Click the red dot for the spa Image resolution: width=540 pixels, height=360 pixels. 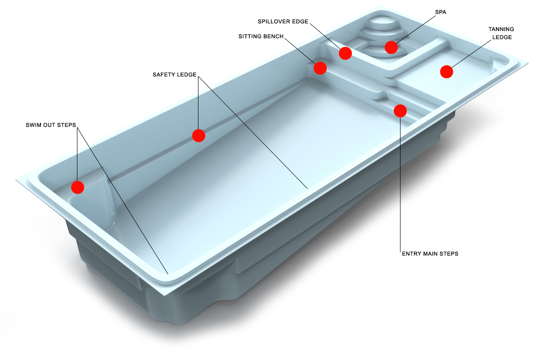pyautogui.click(x=391, y=47)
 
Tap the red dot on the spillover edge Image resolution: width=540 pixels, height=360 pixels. pyautogui.click(x=345, y=53)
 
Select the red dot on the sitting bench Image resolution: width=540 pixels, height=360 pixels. pyautogui.click(x=320, y=68)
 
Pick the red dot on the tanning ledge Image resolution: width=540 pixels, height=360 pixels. pyautogui.click(x=446, y=72)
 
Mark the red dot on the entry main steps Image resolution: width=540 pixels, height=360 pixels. pyautogui.click(x=400, y=111)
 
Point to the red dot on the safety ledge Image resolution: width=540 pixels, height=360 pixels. pyautogui.click(x=198, y=135)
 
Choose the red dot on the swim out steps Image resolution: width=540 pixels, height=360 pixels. pyautogui.click(x=77, y=187)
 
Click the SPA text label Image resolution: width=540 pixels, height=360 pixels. pyautogui.click(x=441, y=12)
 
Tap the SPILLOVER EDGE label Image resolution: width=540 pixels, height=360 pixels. pyautogui.click(x=283, y=22)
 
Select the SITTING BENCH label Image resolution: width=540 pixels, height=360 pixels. pyautogui.click(x=261, y=36)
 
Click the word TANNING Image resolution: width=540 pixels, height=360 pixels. pyautogui.click(x=501, y=29)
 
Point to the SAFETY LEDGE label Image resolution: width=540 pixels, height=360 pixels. pyautogui.click(x=175, y=75)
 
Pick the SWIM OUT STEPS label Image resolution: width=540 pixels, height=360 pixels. pyautogui.click(x=51, y=125)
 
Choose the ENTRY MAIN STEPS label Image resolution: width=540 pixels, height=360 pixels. pyautogui.click(x=430, y=254)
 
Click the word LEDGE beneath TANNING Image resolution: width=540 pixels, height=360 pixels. pyautogui.click(x=502, y=37)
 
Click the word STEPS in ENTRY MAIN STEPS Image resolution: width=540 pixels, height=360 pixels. pyautogui.click(x=449, y=254)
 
